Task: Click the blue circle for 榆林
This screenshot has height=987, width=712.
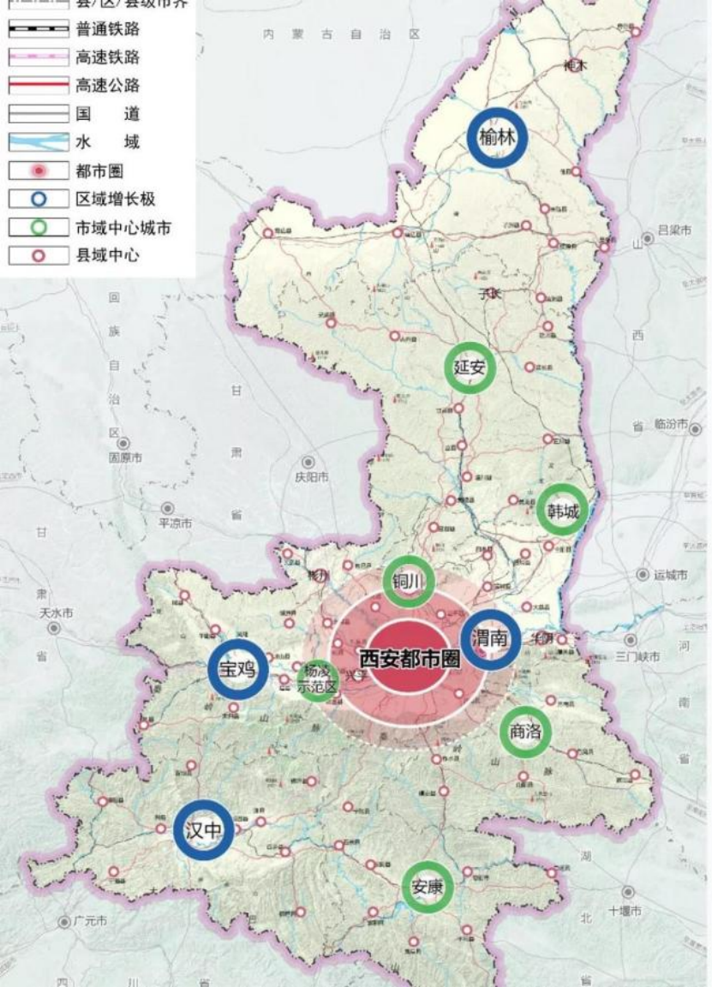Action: tap(497, 138)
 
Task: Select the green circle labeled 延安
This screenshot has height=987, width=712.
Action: tap(470, 368)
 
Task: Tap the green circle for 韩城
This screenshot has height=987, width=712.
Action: tap(563, 511)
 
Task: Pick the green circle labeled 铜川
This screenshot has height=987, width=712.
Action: tap(409, 582)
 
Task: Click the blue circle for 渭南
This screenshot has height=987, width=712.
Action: tap(490, 639)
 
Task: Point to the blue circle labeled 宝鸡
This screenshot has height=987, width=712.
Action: tap(237, 669)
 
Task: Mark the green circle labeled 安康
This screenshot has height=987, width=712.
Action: tap(427, 888)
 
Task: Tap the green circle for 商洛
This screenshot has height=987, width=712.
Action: tap(525, 732)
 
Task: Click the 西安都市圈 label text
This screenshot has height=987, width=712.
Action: tap(409, 659)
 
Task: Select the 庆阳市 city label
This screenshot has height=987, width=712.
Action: tap(311, 478)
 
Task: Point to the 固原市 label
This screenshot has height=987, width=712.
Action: tap(126, 458)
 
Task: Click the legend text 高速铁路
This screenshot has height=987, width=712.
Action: tap(107, 57)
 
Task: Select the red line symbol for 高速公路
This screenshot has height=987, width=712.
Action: tap(38, 86)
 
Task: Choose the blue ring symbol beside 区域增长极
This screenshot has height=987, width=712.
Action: tap(38, 200)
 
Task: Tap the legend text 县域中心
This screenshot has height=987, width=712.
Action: tap(107, 255)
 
